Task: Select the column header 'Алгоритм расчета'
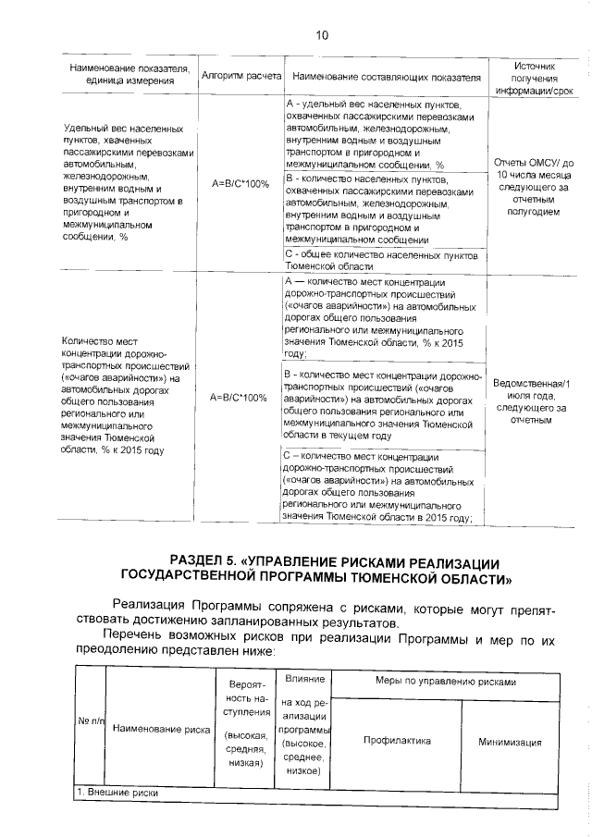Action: coord(240,76)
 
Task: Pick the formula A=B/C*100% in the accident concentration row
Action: coord(240,398)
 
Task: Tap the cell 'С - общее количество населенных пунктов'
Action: coord(379,258)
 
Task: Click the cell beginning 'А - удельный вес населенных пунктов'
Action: coord(381,134)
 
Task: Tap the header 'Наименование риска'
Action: coord(161,729)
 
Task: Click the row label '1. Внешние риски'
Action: coord(117,793)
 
